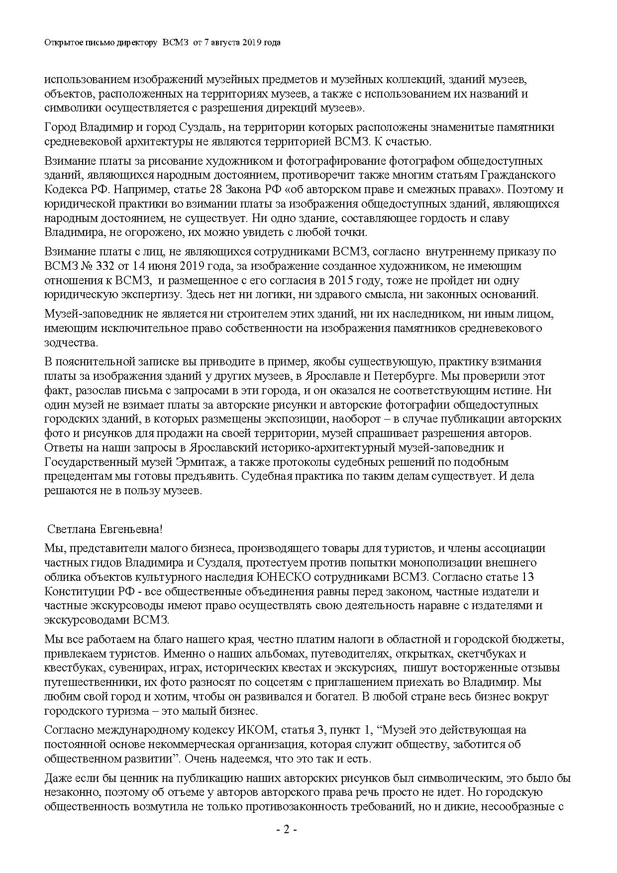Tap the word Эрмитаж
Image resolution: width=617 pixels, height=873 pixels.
pos(200,462)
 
